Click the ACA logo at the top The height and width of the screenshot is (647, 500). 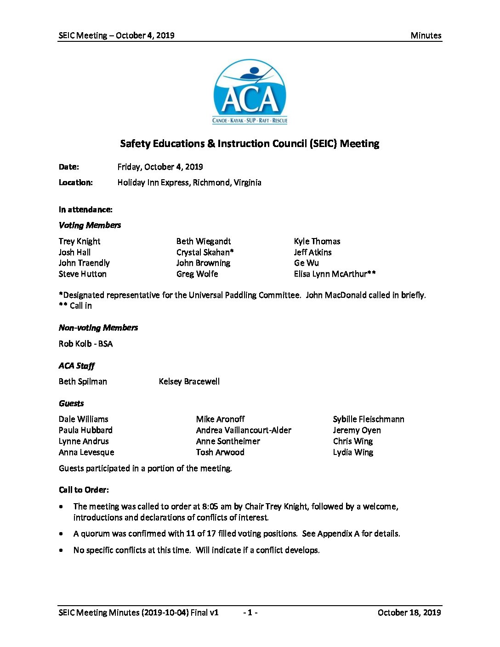(x=250, y=92)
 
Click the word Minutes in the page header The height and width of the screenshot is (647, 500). (x=426, y=35)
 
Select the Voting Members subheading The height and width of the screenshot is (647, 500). (x=90, y=225)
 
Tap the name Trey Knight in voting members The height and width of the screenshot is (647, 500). (x=79, y=241)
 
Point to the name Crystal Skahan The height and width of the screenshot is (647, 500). (x=205, y=252)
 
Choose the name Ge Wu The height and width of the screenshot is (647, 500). (x=306, y=263)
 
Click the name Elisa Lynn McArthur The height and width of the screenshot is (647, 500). (x=334, y=274)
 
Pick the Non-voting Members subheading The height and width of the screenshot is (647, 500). (x=98, y=328)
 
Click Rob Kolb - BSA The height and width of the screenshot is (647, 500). (x=85, y=344)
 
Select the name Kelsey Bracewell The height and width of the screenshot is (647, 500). (x=189, y=381)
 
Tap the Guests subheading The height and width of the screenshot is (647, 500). (x=71, y=403)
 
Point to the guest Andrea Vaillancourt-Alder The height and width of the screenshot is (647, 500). (x=244, y=430)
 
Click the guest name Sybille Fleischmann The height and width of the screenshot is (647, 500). (x=369, y=419)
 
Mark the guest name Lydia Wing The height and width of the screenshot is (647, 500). (x=353, y=452)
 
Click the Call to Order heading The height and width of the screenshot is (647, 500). (x=84, y=490)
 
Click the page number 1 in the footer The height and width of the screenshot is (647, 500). (x=250, y=613)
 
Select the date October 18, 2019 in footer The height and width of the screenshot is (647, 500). (x=409, y=613)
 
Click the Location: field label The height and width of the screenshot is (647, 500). (x=75, y=182)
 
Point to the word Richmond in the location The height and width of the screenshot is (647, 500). (x=210, y=182)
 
